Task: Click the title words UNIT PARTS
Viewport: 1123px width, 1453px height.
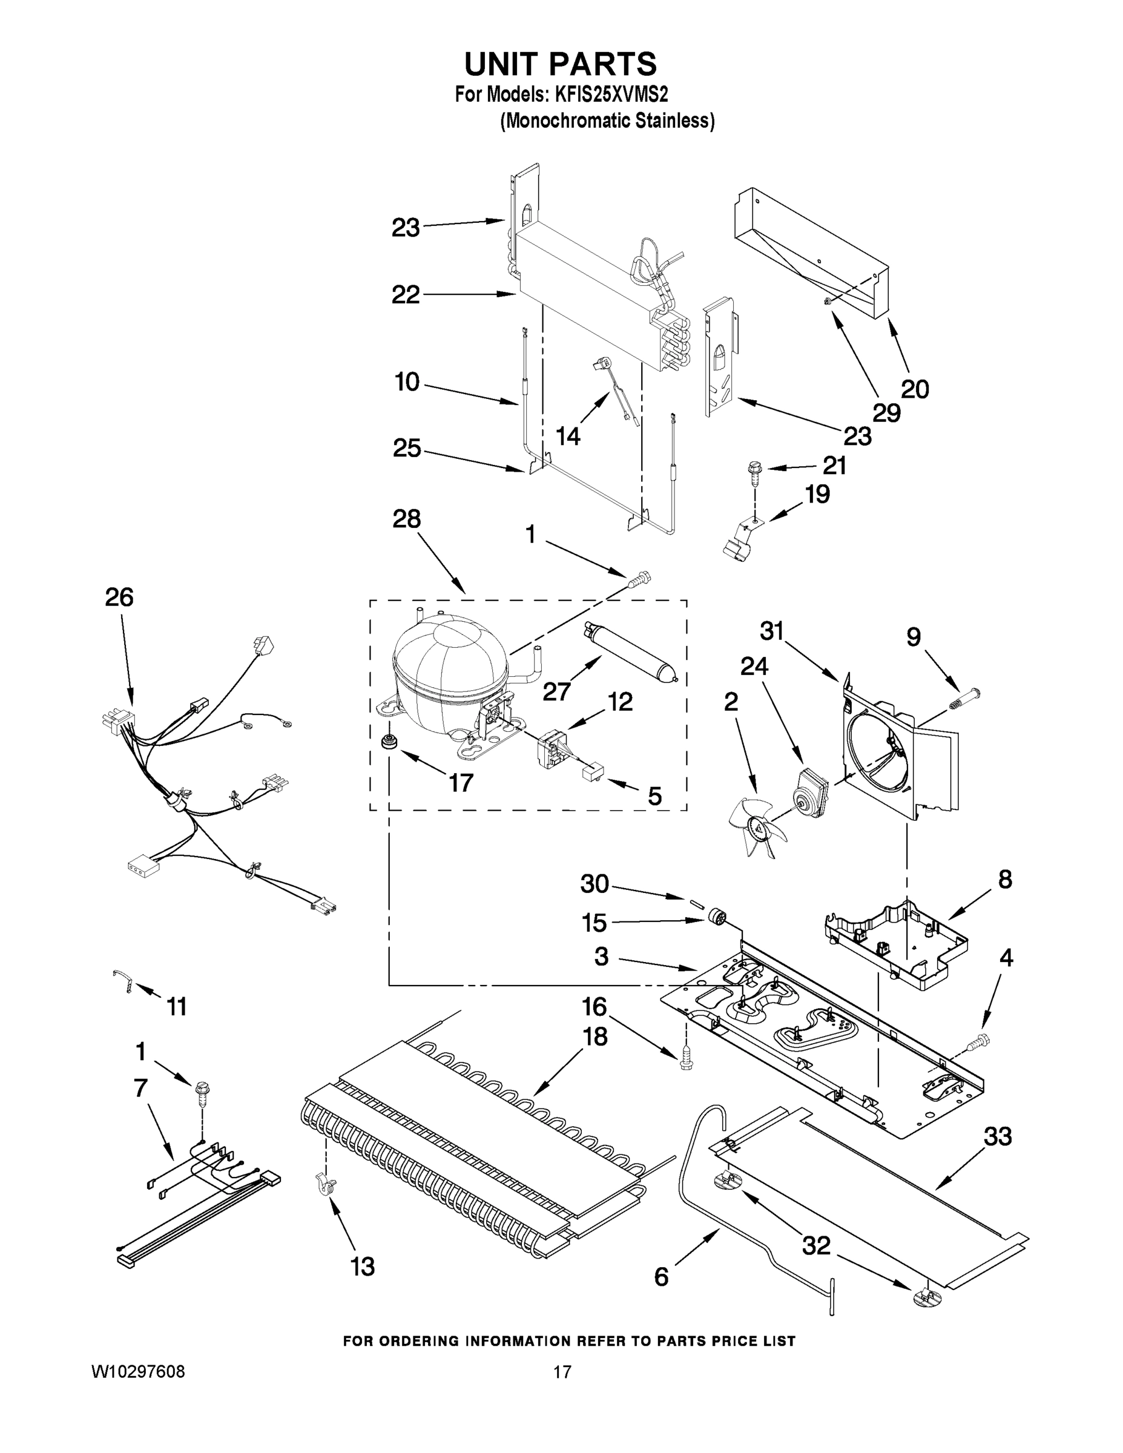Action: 560,65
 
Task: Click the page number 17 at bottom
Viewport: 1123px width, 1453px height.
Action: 562,1372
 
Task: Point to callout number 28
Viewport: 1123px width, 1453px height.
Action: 406,519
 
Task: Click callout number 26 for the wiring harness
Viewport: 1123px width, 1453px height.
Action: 119,598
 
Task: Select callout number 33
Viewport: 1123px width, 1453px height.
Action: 998,1136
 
